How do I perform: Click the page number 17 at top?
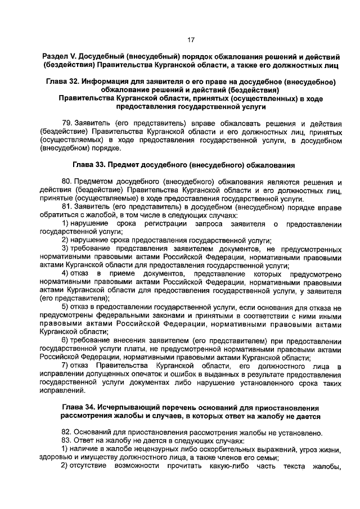190,39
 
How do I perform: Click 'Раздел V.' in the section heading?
61,58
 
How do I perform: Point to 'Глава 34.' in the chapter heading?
78,407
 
